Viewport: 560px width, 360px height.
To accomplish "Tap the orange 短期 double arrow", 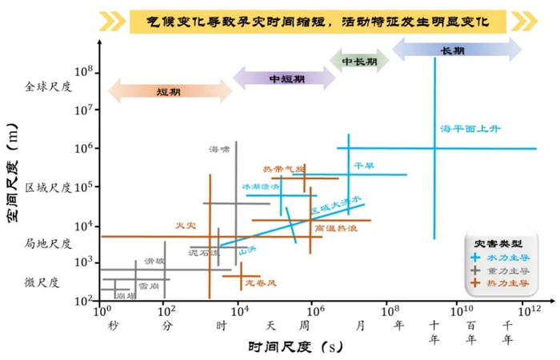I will [169, 90].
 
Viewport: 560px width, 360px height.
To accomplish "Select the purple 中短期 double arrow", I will [285, 78].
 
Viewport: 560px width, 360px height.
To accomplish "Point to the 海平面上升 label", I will [472, 128].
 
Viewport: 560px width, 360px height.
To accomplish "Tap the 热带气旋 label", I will [283, 170].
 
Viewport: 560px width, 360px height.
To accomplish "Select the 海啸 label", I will [218, 149].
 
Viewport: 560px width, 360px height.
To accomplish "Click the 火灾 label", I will [186, 226].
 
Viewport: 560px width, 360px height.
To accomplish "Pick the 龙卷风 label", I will [261, 283].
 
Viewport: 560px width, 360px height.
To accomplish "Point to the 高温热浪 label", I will [336, 228].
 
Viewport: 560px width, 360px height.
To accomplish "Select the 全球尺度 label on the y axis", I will [49, 86].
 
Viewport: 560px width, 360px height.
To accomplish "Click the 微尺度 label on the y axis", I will [41, 282].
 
